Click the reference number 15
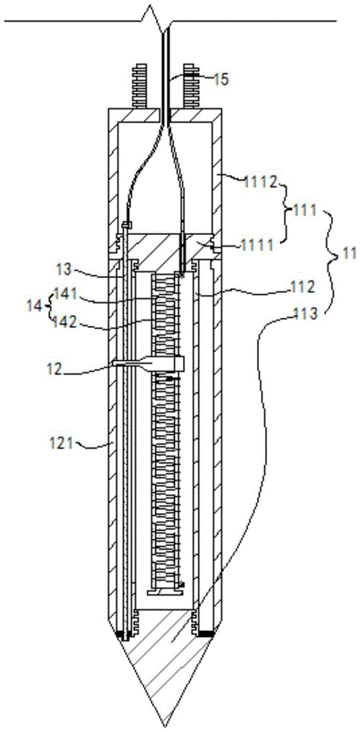[221, 79]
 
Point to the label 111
[304, 212]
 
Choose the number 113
[306, 314]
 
